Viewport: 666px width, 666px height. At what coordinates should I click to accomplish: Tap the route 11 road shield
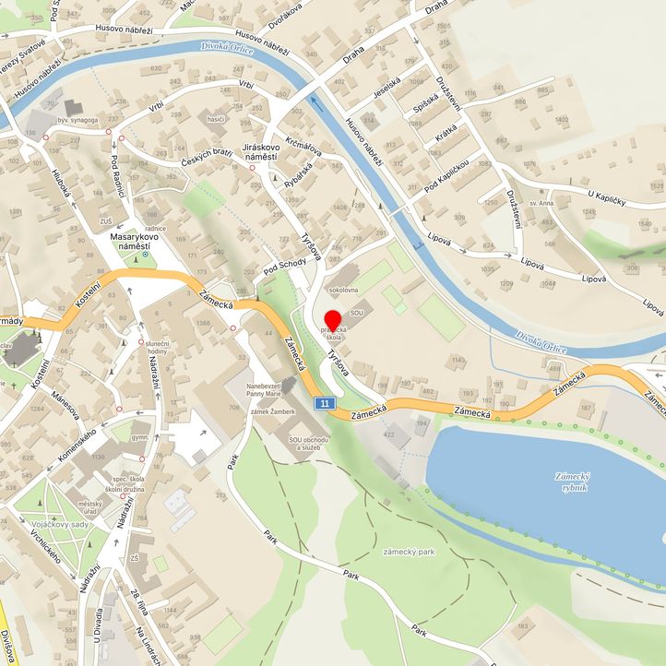point(324,403)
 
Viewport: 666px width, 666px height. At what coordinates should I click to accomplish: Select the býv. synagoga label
point(78,120)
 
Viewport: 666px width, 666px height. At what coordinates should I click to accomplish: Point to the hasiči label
point(216,119)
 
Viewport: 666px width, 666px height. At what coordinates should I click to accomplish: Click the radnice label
point(154,227)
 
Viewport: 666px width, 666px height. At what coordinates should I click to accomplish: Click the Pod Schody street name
point(283,267)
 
